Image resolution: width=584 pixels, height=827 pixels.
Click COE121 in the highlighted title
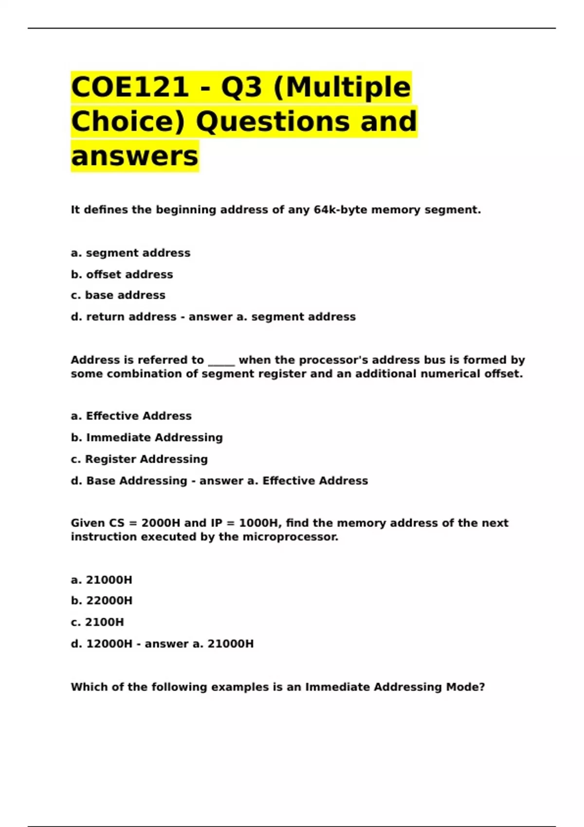pyautogui.click(x=130, y=88)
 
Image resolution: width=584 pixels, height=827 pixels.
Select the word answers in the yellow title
pyautogui.click(x=135, y=156)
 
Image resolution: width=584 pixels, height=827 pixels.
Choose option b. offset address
pyautogui.click(x=122, y=274)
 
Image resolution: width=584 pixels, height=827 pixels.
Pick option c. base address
pyautogui.click(x=118, y=295)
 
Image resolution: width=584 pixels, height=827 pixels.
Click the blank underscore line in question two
pyautogui.click(x=221, y=361)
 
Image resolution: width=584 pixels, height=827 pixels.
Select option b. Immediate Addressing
pyautogui.click(x=146, y=437)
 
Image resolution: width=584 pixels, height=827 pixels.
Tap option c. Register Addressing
pyautogui.click(x=139, y=459)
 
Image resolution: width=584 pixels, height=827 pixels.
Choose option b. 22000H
pyautogui.click(x=102, y=601)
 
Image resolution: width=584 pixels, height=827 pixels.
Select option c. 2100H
pyautogui.click(x=97, y=622)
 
